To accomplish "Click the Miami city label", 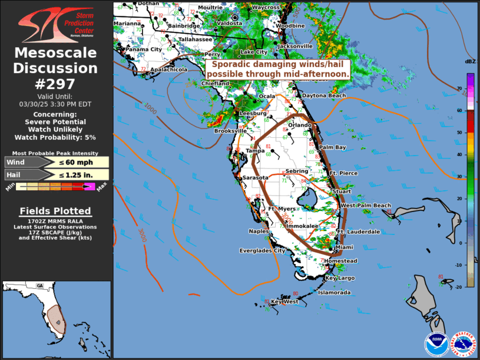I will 345,247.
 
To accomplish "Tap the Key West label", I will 284,302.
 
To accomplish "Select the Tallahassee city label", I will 195,39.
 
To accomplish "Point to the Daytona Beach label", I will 325,95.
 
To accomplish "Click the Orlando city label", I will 300,125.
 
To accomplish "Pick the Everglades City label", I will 262,250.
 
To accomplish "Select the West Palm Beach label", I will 366,205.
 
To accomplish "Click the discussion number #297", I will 56,84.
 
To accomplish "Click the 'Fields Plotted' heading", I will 55,210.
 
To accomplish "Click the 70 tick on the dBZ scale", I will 474,88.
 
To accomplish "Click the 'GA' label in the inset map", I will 40,286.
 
